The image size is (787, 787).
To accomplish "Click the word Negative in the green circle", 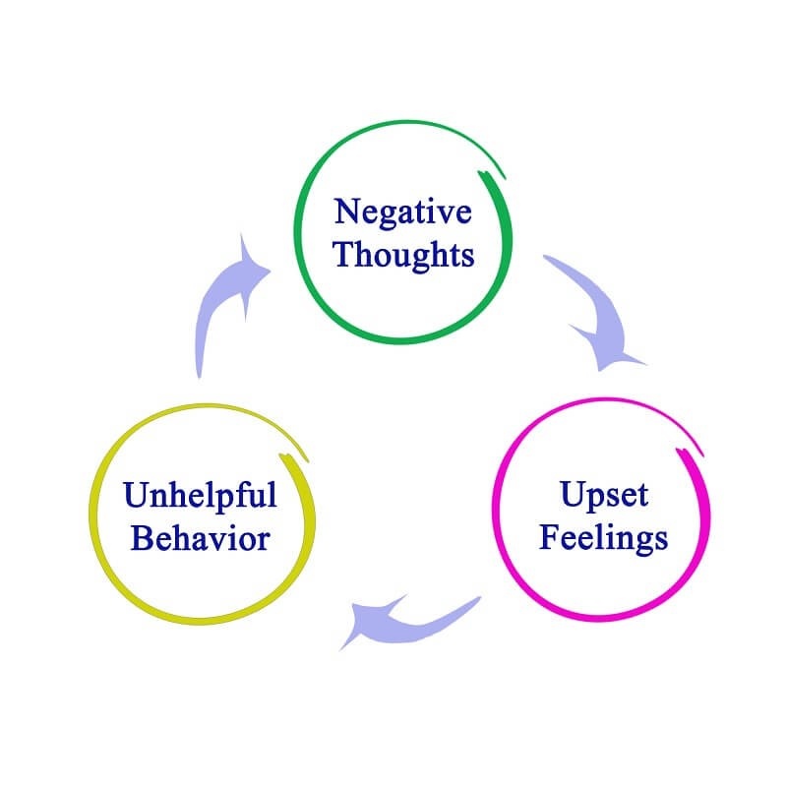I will (x=403, y=212).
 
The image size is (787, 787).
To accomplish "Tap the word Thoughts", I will (x=403, y=256).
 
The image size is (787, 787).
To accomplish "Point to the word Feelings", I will (x=603, y=538).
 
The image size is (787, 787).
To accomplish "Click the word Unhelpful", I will (x=200, y=495).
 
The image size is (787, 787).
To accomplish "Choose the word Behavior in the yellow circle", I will (x=200, y=539).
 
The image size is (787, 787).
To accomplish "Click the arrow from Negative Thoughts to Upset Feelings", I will (x=595, y=310).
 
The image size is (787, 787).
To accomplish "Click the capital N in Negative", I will (x=346, y=212).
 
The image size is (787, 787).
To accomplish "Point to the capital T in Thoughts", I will (x=343, y=256).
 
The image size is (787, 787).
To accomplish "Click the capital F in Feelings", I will (x=549, y=538).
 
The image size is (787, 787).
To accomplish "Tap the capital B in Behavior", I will (x=142, y=539).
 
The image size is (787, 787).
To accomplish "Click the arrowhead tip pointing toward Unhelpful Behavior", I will (x=340, y=649).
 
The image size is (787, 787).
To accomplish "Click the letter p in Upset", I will (x=595, y=499).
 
